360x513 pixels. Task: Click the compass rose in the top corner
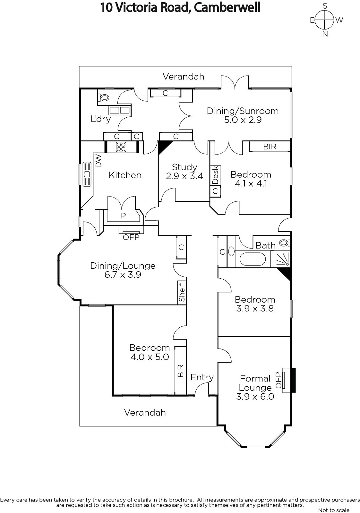pyautogui.click(x=325, y=20)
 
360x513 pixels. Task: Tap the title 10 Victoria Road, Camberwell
pyautogui.click(x=180, y=7)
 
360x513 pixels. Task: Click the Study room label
pyautogui.click(x=184, y=167)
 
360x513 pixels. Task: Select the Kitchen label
pyautogui.click(x=125, y=175)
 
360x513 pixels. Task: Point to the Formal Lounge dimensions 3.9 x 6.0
pyautogui.click(x=255, y=397)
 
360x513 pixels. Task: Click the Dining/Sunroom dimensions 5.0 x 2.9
pyautogui.click(x=243, y=120)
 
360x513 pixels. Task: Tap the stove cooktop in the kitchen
pyautogui.click(x=121, y=147)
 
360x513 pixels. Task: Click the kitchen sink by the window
pyautogui.click(x=87, y=174)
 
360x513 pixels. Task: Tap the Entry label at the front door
pyautogui.click(x=202, y=377)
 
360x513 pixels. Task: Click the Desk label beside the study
pyautogui.click(x=215, y=175)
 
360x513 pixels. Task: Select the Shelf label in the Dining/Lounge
pyautogui.click(x=182, y=292)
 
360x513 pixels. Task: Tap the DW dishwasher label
pyautogui.click(x=98, y=161)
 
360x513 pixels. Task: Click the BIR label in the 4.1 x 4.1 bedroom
pyautogui.click(x=270, y=147)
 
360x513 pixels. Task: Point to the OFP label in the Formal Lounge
pyautogui.click(x=279, y=380)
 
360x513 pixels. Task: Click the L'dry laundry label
pyautogui.click(x=101, y=119)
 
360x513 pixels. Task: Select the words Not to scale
pyautogui.click(x=334, y=510)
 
